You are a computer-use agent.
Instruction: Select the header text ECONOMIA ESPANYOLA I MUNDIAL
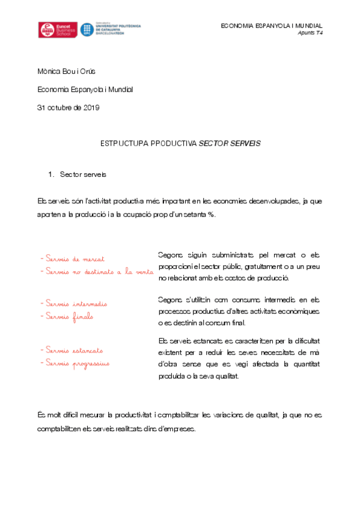point(272,26)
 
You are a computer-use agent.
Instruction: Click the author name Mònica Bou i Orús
point(66,72)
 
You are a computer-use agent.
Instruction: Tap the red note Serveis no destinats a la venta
point(96,272)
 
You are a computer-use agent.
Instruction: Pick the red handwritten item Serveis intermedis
point(76,304)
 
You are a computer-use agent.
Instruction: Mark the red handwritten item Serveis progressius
point(77,363)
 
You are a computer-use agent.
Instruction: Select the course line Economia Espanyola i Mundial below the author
point(85,90)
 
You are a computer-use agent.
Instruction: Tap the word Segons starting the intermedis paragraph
point(169,299)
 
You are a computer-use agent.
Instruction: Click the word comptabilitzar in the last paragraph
point(175,414)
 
